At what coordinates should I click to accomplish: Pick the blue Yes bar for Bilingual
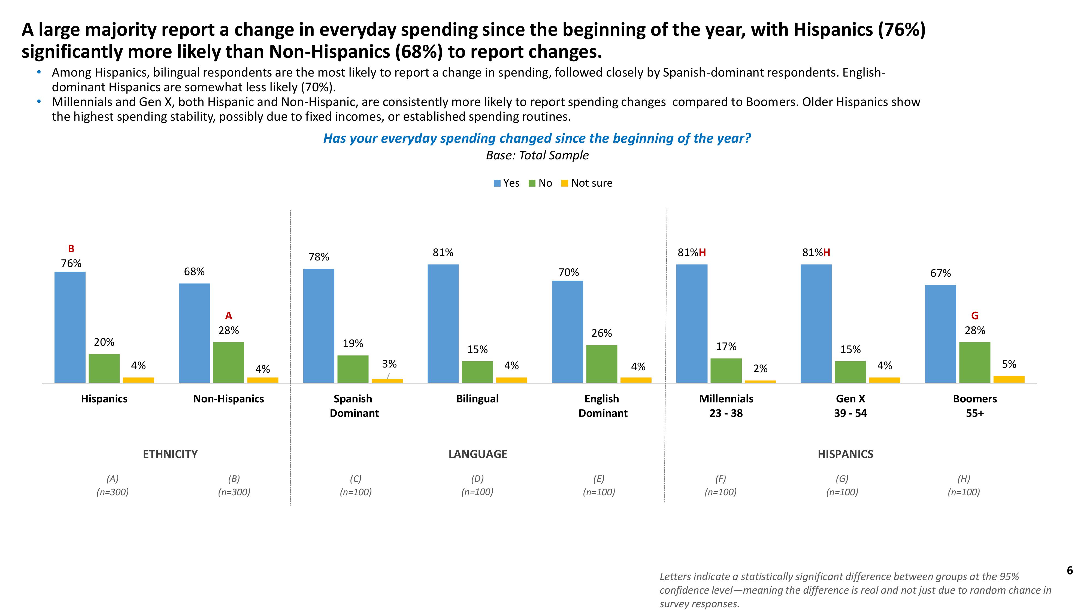[x=443, y=324]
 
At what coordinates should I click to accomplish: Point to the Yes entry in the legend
[x=507, y=183]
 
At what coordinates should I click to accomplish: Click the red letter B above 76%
[x=71, y=249]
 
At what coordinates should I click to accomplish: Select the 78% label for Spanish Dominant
[x=319, y=257]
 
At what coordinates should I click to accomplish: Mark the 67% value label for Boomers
[x=940, y=273]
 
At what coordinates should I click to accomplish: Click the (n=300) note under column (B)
[x=234, y=492]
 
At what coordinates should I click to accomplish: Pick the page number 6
[x=1070, y=571]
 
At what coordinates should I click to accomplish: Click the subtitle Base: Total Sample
[x=537, y=155]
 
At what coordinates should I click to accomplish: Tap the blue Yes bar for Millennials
[x=691, y=324]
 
